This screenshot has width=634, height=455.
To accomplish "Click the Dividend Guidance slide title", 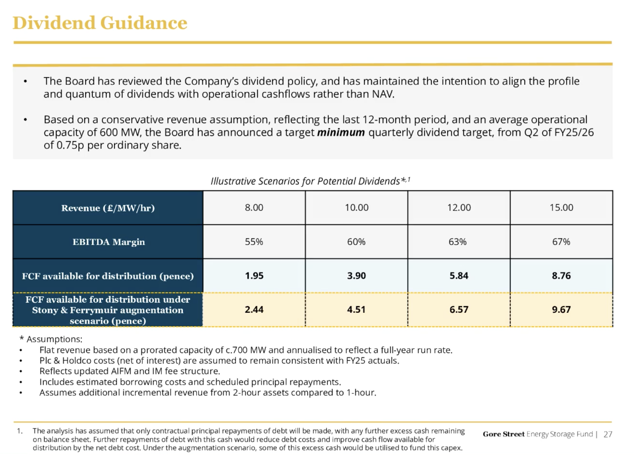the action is click(100, 23).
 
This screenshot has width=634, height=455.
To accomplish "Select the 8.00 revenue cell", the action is click(254, 208).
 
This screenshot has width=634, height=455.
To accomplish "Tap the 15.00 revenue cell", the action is click(561, 208).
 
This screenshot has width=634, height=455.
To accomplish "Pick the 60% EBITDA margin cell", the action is click(356, 242).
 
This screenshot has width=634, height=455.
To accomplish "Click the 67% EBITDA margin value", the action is click(561, 242).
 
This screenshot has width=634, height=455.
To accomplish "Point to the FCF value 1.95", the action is click(254, 276).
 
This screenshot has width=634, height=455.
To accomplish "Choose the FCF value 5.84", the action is click(459, 276).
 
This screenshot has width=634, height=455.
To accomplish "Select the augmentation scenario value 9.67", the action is click(561, 310).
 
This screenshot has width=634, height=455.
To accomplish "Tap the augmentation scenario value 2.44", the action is click(254, 310).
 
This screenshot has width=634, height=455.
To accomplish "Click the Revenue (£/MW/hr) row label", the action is click(108, 208).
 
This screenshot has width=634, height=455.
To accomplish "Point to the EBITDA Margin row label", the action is click(109, 242).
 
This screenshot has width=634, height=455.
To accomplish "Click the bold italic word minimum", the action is click(341, 133).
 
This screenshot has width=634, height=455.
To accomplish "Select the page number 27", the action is click(608, 434).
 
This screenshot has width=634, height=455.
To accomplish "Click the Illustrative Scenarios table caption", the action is click(310, 181).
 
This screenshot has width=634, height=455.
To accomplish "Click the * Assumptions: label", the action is click(51, 339).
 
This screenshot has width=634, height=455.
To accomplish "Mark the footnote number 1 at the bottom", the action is click(20, 431).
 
